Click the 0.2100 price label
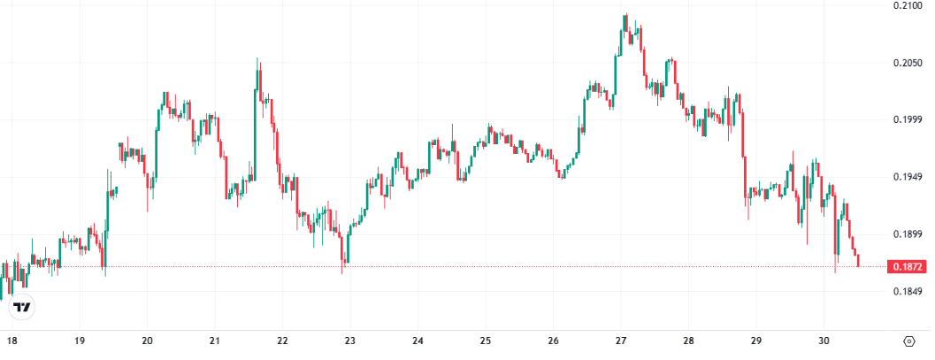(x=908, y=6)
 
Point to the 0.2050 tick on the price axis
(x=908, y=64)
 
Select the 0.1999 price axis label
(x=908, y=120)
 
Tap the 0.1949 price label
(x=908, y=178)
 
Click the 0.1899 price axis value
(x=908, y=234)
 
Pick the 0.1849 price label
(x=908, y=292)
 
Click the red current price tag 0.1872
(x=909, y=266)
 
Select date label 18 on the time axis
(x=11, y=341)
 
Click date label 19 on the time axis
(x=80, y=341)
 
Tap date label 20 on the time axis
(x=148, y=341)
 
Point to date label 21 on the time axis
(x=215, y=341)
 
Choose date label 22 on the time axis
(x=283, y=341)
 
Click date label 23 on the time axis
(x=350, y=341)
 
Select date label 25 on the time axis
(x=486, y=341)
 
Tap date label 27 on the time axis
(x=621, y=341)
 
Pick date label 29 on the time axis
(x=756, y=341)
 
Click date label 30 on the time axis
(x=824, y=341)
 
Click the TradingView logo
(x=23, y=308)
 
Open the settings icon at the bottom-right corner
(x=909, y=341)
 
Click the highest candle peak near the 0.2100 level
(x=625, y=15)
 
